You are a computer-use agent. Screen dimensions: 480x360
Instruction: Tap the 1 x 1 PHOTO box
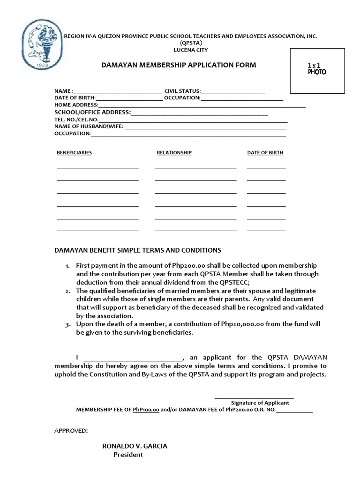click(317, 70)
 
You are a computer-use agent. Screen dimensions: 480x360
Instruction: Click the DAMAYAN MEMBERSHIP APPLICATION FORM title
click(179, 65)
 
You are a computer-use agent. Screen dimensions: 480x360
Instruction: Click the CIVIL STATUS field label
click(182, 91)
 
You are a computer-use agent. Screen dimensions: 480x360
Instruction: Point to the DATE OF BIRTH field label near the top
click(75, 98)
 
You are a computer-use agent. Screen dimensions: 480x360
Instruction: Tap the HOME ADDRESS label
click(76, 105)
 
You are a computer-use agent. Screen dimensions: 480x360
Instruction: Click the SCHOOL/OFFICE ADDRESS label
click(92, 112)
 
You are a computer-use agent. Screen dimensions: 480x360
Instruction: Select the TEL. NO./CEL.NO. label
click(76, 120)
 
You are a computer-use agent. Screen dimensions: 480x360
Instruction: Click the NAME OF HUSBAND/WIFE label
click(88, 127)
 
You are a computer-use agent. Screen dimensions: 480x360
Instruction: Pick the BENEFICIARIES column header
click(74, 153)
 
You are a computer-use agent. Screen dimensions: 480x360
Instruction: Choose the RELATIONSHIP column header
click(174, 153)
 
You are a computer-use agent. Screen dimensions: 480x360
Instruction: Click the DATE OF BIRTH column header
click(265, 153)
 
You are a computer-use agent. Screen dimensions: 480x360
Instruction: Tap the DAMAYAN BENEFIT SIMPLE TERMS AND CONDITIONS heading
click(138, 250)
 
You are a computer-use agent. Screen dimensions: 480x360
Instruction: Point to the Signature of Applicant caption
click(260, 403)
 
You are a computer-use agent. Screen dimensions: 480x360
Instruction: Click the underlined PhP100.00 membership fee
click(146, 409)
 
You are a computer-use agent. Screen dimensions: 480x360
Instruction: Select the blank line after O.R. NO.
click(294, 411)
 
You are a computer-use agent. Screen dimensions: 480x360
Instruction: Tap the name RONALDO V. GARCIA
click(135, 446)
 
